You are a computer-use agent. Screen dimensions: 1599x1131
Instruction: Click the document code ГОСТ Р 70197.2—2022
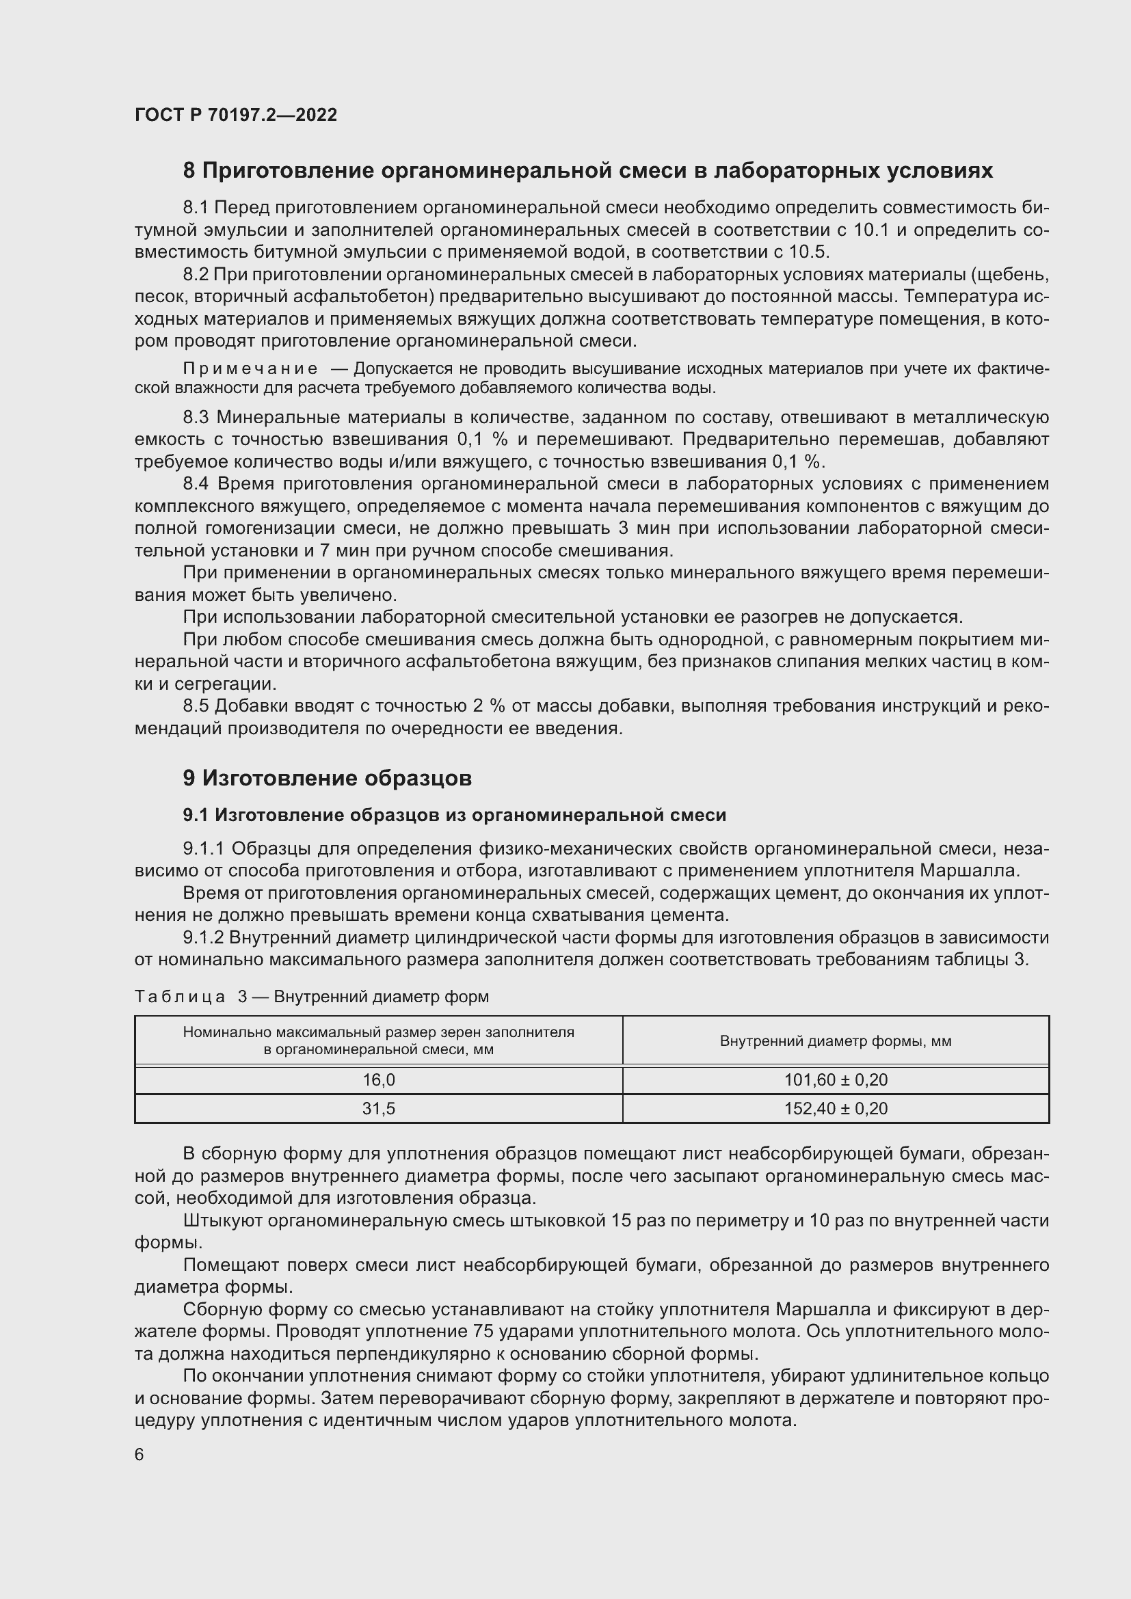coord(235,115)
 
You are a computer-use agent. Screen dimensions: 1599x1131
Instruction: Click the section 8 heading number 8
coord(189,171)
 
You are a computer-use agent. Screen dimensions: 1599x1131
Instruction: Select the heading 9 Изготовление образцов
coord(328,778)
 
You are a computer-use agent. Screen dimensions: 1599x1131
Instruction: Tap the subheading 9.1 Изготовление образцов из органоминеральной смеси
coord(454,815)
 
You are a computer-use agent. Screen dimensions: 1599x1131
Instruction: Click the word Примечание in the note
coord(250,368)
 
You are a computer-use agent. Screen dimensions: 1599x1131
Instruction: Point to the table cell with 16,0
coord(378,1080)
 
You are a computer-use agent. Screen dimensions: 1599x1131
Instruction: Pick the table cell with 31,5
coord(378,1109)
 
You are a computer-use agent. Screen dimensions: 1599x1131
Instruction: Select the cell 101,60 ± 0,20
coord(836,1080)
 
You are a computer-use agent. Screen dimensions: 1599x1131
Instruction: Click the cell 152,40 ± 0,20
coord(836,1109)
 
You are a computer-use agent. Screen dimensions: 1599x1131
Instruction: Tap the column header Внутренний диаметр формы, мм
coord(836,1041)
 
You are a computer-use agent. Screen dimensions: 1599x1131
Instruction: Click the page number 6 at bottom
coord(139,1455)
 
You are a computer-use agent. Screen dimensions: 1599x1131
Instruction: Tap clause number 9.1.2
coord(202,937)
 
